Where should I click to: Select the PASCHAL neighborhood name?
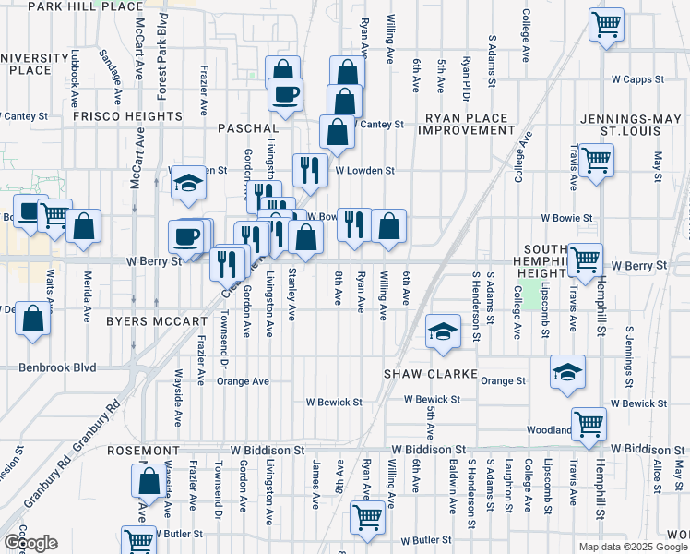tap(248, 127)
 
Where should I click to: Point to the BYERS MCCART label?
tap(156, 321)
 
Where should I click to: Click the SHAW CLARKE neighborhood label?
tap(431, 374)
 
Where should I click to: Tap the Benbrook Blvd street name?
tap(57, 367)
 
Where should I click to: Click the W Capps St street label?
tap(650, 79)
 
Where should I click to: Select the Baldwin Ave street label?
tap(453, 486)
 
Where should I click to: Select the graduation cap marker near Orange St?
tap(567, 371)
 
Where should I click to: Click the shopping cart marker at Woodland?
tap(589, 424)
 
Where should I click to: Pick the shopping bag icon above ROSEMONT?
tap(149, 481)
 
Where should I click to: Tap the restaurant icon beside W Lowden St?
tap(309, 170)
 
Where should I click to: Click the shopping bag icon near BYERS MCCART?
tap(33, 319)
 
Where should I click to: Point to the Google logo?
tap(30, 543)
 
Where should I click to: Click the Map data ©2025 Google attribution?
tap(632, 547)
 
